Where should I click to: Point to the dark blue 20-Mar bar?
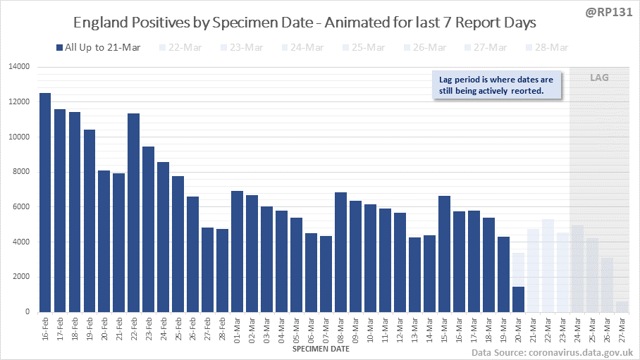click(x=518, y=299)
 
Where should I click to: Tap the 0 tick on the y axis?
click(x=27, y=312)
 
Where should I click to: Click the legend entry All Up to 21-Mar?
click(x=98, y=47)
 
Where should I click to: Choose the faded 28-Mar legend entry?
click(x=548, y=47)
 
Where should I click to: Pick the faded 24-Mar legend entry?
click(x=303, y=47)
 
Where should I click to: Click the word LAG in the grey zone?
click(x=599, y=77)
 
